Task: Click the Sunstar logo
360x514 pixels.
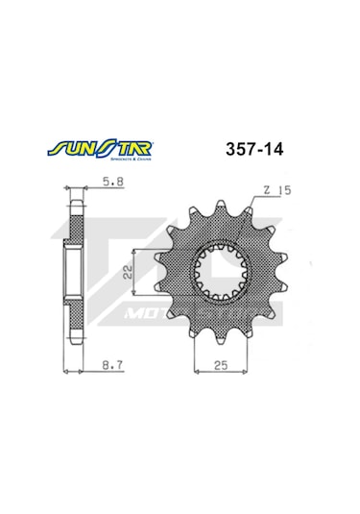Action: (x=97, y=150)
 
